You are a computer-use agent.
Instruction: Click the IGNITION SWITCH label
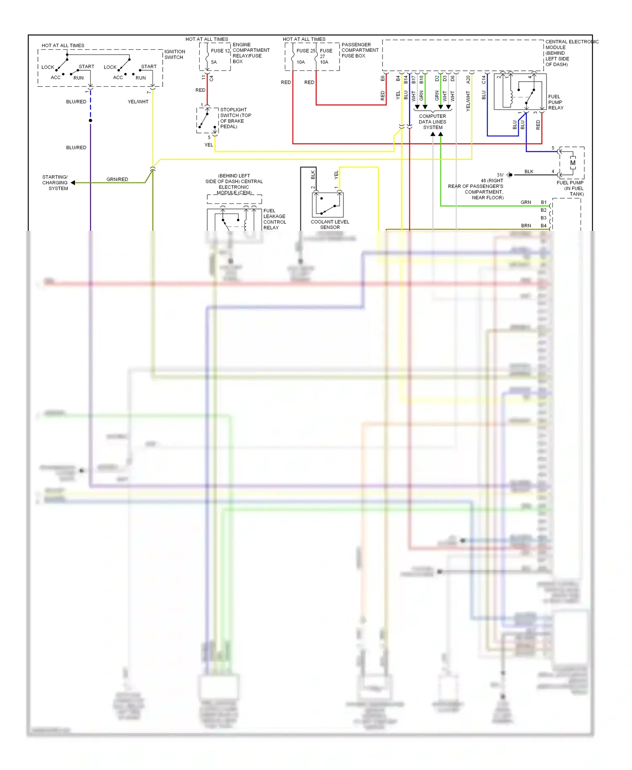point(174,54)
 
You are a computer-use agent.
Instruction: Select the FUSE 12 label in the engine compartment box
point(220,51)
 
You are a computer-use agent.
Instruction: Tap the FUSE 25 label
point(305,51)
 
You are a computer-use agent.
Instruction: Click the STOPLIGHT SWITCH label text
point(236,118)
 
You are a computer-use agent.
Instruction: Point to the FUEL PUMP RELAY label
point(556,102)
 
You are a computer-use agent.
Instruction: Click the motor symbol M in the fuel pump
point(573,163)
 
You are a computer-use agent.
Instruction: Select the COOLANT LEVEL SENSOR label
point(330,225)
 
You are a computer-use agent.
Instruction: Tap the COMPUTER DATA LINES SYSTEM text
point(432,122)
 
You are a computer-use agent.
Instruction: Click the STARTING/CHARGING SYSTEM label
point(55,183)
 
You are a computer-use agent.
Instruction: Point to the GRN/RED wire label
point(117,179)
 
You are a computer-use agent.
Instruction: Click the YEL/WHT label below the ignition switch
point(138,102)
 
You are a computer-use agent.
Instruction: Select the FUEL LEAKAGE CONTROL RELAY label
point(274,219)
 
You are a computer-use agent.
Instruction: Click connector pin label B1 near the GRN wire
point(544,202)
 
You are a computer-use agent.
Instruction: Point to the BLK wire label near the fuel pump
point(529,171)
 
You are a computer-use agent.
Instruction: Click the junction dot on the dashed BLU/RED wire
point(91,121)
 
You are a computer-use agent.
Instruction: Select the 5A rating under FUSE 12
point(214,62)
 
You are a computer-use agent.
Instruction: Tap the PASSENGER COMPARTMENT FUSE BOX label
point(359,50)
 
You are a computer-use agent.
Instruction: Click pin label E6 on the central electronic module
point(383,78)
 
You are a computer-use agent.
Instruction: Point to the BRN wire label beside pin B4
point(526,226)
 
